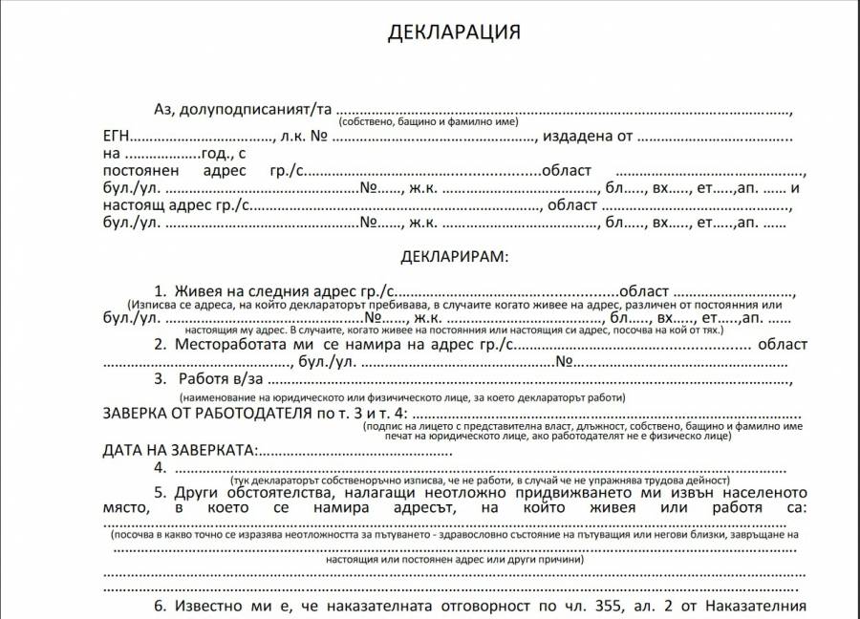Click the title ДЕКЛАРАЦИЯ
(x=454, y=32)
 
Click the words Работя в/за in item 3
(x=221, y=379)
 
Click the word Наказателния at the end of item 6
(x=762, y=606)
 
